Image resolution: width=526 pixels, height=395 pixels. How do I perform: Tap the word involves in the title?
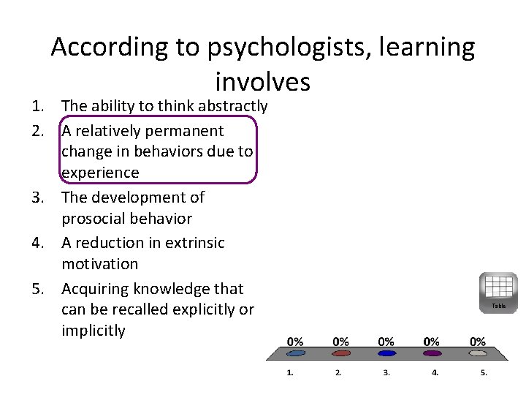click(x=263, y=80)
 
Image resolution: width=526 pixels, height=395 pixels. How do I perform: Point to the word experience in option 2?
click(x=100, y=173)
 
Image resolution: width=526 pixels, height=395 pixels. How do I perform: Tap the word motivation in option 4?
click(x=99, y=264)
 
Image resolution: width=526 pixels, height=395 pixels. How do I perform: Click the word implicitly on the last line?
click(x=94, y=331)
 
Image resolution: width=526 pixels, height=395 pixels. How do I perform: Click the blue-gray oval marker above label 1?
click(x=295, y=353)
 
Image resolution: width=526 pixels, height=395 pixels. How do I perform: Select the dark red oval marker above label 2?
click(x=341, y=353)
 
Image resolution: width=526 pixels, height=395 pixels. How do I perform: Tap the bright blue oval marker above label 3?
click(x=387, y=353)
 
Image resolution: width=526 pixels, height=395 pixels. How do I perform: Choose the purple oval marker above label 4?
click(x=432, y=353)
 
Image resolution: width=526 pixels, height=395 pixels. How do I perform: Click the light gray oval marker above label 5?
click(x=477, y=353)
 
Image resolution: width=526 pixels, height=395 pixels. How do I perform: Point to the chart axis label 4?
click(x=435, y=373)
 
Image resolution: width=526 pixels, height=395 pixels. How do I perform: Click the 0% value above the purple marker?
click(x=432, y=342)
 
